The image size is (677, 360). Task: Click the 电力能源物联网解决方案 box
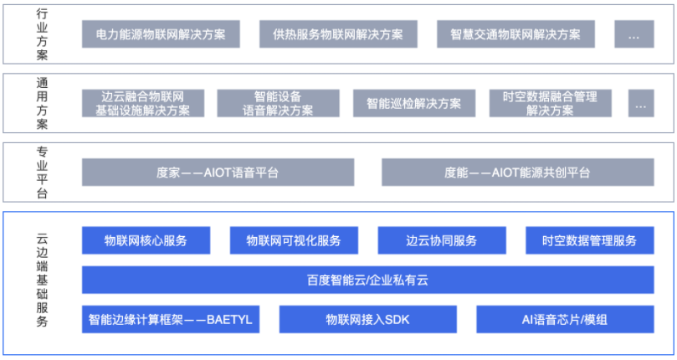[161, 34]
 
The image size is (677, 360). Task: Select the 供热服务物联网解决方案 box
[338, 34]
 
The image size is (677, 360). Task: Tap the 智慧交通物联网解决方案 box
[515, 34]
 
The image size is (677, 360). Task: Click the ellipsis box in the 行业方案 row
[633, 34]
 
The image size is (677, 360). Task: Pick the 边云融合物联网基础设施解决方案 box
[143, 103]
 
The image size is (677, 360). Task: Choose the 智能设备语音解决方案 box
[278, 103]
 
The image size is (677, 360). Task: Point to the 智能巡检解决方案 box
[414, 103]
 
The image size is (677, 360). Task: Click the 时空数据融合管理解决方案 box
[550, 103]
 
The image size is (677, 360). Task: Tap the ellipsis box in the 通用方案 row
[641, 103]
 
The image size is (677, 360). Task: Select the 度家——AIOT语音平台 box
[218, 172]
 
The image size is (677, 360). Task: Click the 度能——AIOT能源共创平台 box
[518, 172]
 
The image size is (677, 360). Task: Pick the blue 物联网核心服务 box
[146, 240]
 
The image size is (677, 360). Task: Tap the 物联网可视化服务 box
[294, 240]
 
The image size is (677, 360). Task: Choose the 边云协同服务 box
[442, 240]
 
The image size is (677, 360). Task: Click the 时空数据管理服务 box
[590, 240]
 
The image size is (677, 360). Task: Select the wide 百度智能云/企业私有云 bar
[368, 280]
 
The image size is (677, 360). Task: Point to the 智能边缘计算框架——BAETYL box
[171, 319]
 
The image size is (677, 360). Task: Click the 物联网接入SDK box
[368, 319]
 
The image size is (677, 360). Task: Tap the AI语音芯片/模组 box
[565, 319]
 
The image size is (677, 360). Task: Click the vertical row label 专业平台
[42, 172]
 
